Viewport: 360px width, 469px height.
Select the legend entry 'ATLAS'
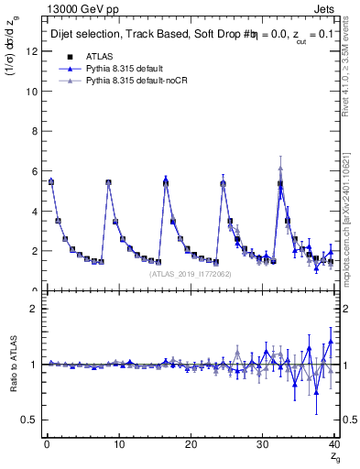[100, 56]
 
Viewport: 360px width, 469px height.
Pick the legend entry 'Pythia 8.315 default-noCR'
[142, 82]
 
